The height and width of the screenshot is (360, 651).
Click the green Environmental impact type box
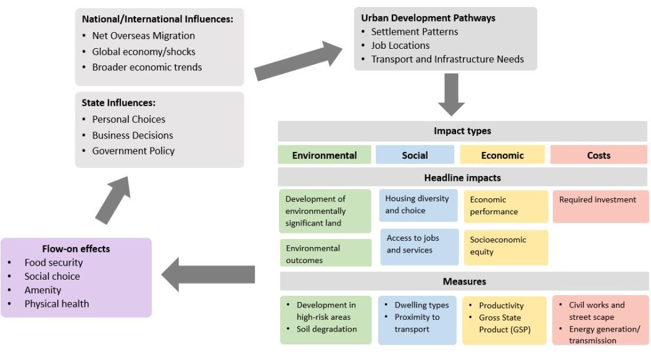click(x=325, y=155)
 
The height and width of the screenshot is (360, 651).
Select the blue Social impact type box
click(x=415, y=155)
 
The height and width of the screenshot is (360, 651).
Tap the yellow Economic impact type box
click(x=502, y=155)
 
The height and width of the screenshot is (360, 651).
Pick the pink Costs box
click(x=599, y=155)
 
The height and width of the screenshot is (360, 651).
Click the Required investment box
click(x=600, y=206)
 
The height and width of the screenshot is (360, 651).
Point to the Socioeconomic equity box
click(x=505, y=246)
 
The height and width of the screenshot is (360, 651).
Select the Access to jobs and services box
click(x=419, y=244)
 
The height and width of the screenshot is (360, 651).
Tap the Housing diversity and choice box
click(x=418, y=205)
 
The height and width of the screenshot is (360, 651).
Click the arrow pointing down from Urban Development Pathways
click(x=452, y=94)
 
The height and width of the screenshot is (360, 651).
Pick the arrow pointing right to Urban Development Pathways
click(x=299, y=62)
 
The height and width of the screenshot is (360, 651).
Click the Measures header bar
click(x=464, y=282)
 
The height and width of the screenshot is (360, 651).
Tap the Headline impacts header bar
click(x=463, y=178)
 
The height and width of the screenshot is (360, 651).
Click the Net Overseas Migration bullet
click(x=143, y=36)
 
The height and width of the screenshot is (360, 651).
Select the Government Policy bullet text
click(x=133, y=151)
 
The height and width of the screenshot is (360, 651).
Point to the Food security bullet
click(x=54, y=263)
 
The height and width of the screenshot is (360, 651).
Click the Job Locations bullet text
click(x=400, y=45)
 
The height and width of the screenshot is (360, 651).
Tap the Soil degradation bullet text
click(x=326, y=329)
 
